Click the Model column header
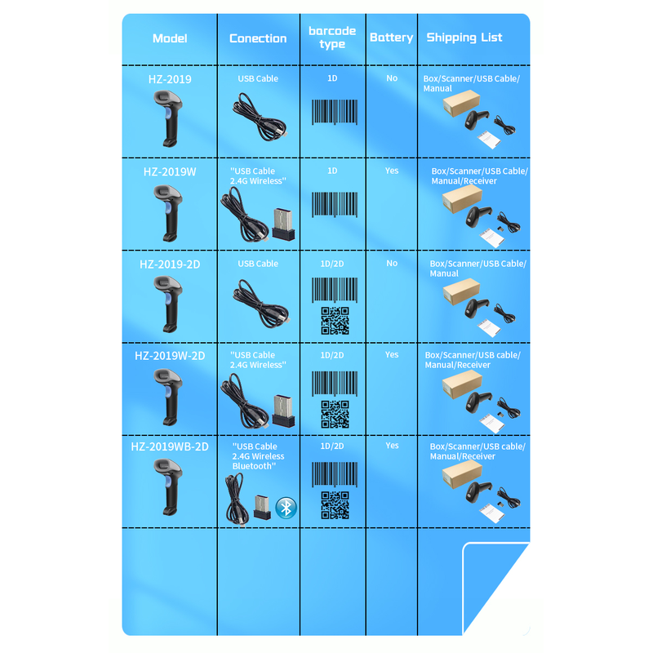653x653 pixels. point(170,38)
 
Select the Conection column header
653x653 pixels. point(258,38)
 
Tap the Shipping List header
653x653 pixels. point(464,38)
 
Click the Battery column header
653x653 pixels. point(392,38)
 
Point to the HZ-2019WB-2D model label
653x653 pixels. point(170,446)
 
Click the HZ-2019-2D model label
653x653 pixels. point(170,264)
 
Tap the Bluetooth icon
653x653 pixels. point(287,508)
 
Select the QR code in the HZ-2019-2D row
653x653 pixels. point(335,321)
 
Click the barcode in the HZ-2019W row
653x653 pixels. point(335,204)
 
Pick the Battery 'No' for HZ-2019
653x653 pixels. point(392,78)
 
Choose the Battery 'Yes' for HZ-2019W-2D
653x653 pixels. point(392,354)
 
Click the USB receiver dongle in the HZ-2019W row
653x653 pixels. point(283,224)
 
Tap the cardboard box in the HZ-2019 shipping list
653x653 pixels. point(461,104)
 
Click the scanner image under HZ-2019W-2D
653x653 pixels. point(168,397)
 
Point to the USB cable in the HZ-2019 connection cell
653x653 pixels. point(260,118)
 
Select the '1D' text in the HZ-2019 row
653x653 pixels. point(332,78)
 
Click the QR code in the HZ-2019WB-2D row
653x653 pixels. point(335,505)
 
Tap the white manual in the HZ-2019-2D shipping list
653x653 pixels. point(489,327)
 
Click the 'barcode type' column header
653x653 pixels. point(332,38)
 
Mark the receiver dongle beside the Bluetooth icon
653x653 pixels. point(262,507)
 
